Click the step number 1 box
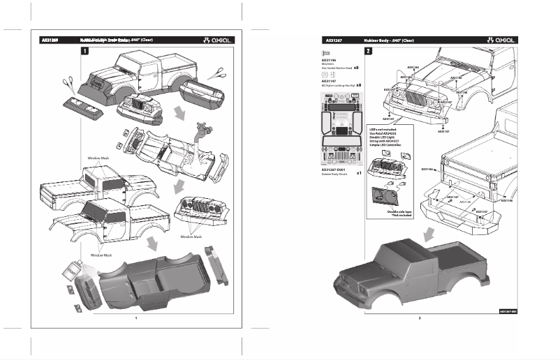click(84, 51)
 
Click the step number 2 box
click(368, 51)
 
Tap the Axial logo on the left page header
click(217, 40)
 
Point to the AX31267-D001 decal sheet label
click(335, 169)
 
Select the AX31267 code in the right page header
click(332, 40)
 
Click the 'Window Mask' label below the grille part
click(191, 237)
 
